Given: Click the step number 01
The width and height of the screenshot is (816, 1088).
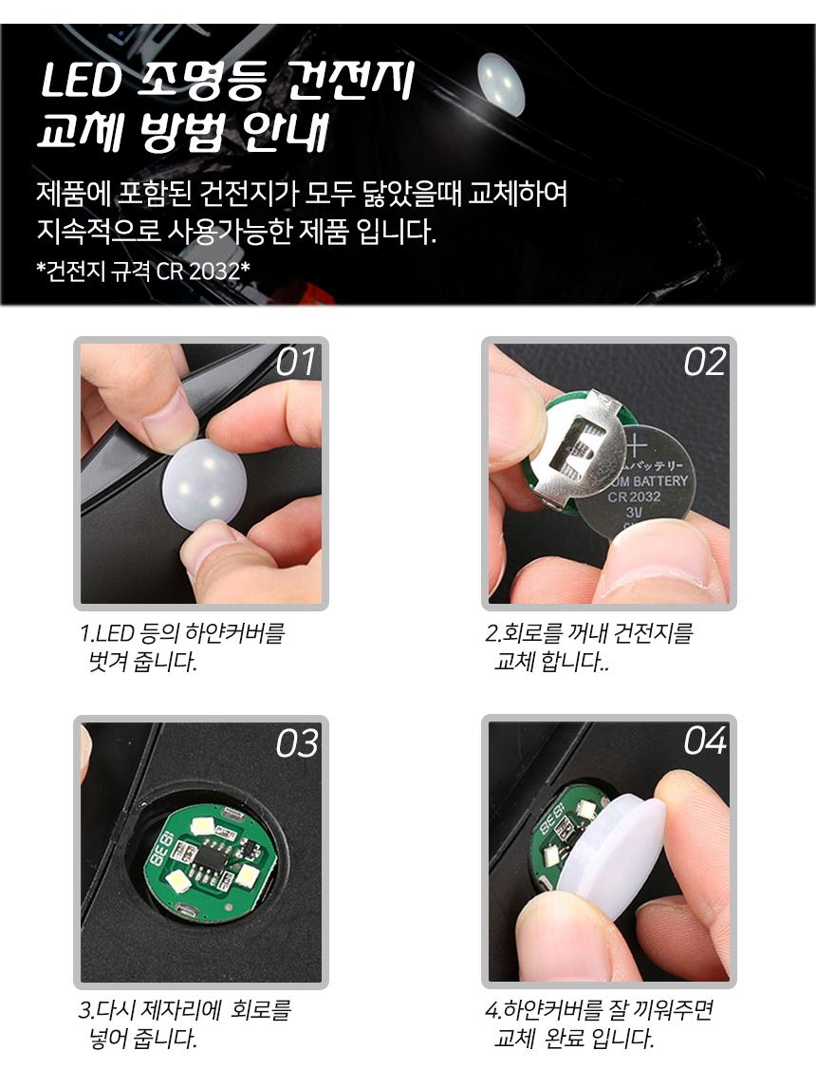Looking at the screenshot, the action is coord(296,362).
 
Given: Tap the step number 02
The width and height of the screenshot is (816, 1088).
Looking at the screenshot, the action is coord(704,362).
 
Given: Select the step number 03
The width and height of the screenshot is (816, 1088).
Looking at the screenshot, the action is coord(297,742).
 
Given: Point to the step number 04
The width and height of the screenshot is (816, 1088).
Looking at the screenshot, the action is coord(705,741).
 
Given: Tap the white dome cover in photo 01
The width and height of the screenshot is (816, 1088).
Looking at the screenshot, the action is coord(203,484).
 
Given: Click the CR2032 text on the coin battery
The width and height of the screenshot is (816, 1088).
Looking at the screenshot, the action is coord(635,497).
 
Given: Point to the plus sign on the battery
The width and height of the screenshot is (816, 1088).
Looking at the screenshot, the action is coord(635,444).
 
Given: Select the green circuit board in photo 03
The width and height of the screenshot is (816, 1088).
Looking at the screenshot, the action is coord(211,862).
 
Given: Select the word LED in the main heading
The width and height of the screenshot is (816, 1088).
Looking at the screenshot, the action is coord(81,81).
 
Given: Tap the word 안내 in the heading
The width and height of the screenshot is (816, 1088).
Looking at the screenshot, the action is coord(286,131).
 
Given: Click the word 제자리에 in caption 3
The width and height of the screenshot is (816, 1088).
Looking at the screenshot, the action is coord(181,1009).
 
